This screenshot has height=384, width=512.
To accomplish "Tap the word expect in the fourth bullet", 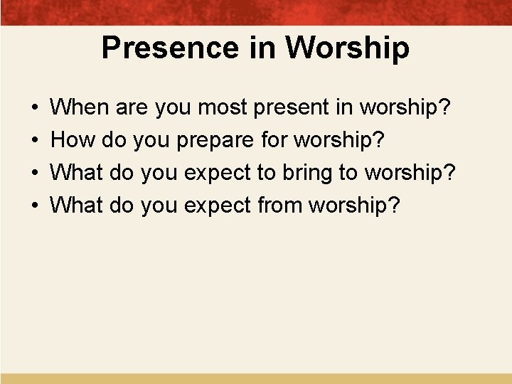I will pos(217,206).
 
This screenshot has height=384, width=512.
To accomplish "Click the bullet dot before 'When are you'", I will pos(36,109).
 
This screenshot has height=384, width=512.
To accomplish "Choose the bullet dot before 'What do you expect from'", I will pos(36,206).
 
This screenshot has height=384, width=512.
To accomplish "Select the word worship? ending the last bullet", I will pos(354,205).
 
